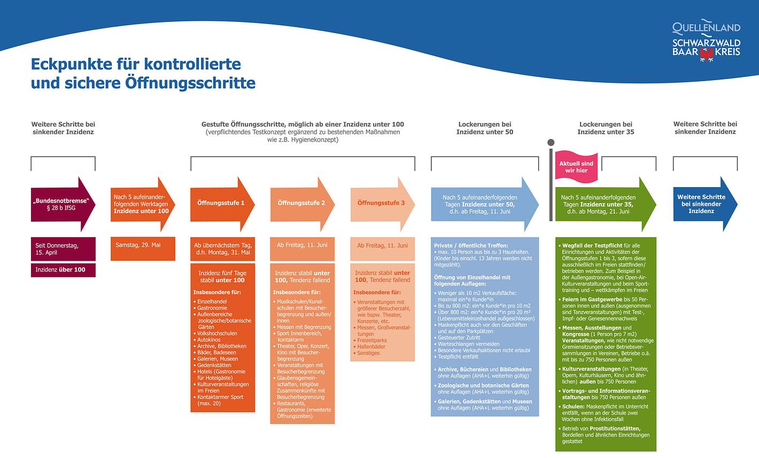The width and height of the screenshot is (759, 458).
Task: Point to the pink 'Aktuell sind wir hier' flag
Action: click(576, 167)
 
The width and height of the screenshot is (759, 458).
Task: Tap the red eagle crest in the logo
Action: click(707, 53)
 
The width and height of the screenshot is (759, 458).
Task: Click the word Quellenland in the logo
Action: click(706, 27)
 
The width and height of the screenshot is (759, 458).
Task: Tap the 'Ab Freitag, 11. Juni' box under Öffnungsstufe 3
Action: click(382, 246)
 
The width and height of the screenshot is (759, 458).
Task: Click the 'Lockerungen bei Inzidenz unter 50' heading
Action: click(485, 128)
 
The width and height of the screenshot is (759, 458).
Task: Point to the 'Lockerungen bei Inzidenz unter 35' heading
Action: click(606, 128)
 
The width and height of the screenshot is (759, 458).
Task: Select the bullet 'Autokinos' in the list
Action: click(209, 340)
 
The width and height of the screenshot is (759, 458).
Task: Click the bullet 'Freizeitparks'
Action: click(372, 340)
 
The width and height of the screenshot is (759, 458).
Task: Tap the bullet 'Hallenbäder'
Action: click(371, 347)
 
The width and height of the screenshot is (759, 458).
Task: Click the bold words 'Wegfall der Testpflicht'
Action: click(592, 246)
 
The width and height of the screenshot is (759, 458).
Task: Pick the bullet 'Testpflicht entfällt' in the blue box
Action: click(458, 357)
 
